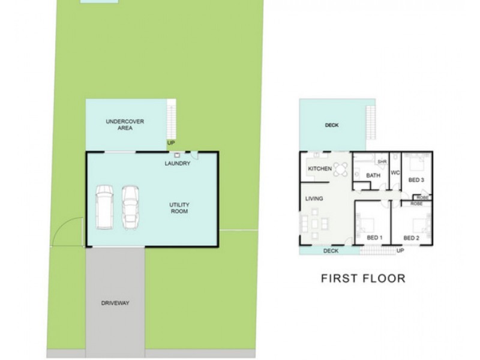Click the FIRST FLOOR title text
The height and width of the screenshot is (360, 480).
[363, 278]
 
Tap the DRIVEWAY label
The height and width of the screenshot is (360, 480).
[115, 303]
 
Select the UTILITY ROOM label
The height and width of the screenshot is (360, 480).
[179, 208]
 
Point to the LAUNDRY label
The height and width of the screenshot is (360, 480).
[178, 164]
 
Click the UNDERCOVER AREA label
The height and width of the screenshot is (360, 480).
[125, 124]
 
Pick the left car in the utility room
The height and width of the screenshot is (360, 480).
[104, 207]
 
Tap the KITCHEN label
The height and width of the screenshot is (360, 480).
[319, 169]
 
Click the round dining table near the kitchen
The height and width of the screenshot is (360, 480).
[341, 170]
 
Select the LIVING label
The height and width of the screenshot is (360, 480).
[314, 199]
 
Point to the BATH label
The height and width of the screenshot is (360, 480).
[373, 176]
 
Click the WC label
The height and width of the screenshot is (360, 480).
[395, 173]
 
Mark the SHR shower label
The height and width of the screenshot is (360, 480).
[380, 161]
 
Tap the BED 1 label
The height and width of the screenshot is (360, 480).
[374, 238]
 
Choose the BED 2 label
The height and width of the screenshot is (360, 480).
[411, 238]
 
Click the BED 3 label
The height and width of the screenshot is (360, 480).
[416, 179]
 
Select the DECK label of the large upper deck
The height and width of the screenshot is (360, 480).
[332, 125]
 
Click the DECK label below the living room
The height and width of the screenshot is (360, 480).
[331, 251]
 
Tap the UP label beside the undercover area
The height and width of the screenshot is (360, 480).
[171, 143]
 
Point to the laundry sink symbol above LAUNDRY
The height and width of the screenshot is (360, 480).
[177, 155]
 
